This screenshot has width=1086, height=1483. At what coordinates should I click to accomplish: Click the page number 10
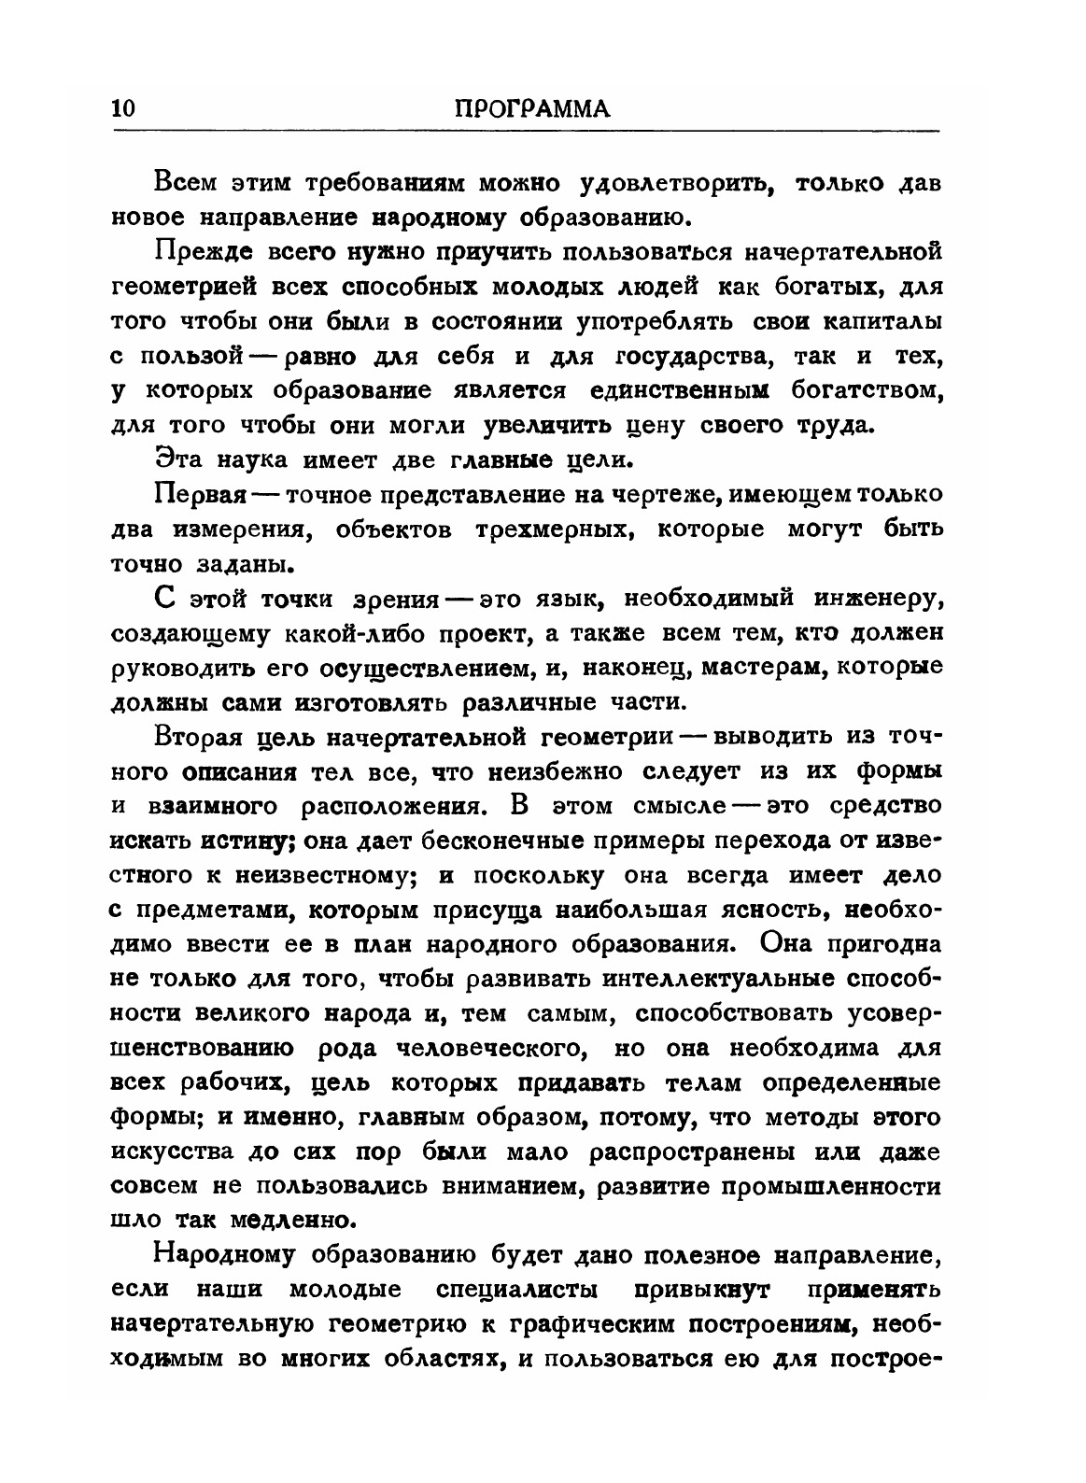point(124,108)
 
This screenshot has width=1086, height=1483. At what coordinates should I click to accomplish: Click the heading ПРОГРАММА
point(531,108)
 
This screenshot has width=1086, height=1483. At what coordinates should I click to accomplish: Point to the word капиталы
point(883,321)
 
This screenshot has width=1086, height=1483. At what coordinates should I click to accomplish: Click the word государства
point(694,357)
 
